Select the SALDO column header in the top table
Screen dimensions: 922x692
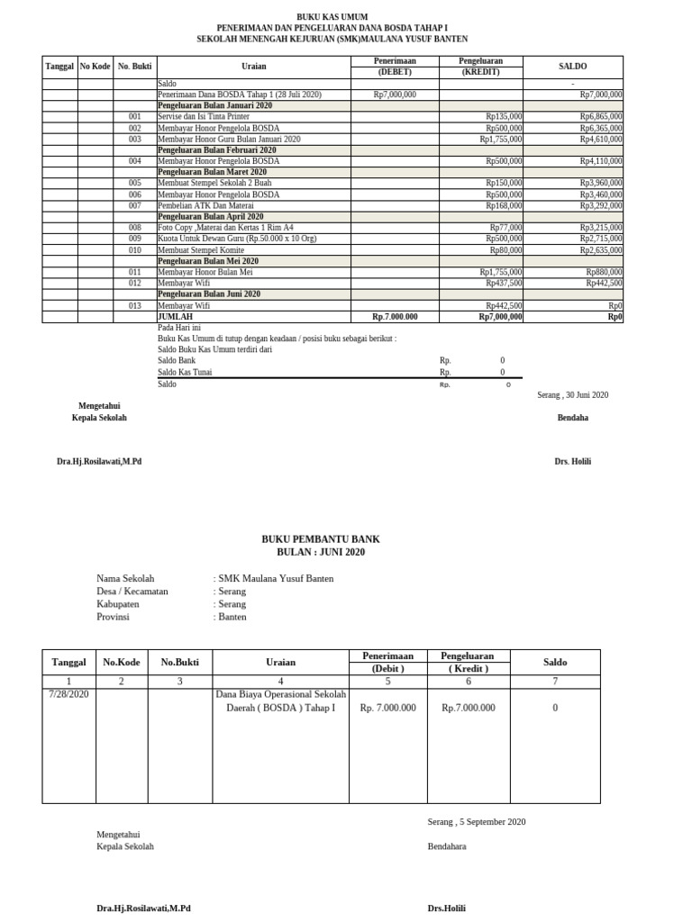[572, 67]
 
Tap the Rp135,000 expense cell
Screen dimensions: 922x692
[504, 117]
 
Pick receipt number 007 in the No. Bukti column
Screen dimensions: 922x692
[135, 205]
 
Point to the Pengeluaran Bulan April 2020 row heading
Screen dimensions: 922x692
[211, 217]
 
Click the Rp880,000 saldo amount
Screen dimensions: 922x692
[604, 272]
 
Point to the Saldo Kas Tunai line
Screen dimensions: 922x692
[184, 372]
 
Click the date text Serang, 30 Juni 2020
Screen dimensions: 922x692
[572, 395]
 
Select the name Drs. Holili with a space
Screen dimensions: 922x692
[573, 462]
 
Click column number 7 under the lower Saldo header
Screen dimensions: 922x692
[554, 682]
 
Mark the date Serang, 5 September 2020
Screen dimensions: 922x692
[476, 821]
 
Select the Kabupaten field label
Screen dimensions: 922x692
[119, 604]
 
